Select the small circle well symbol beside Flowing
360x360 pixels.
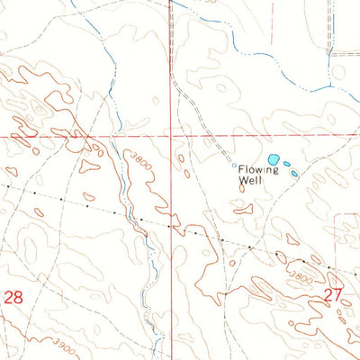click(235, 166)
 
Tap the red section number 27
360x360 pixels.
click(333, 294)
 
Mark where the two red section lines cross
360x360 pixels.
click(168, 136)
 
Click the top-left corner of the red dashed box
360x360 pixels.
click(335, 215)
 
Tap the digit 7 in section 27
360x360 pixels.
click(338, 294)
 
